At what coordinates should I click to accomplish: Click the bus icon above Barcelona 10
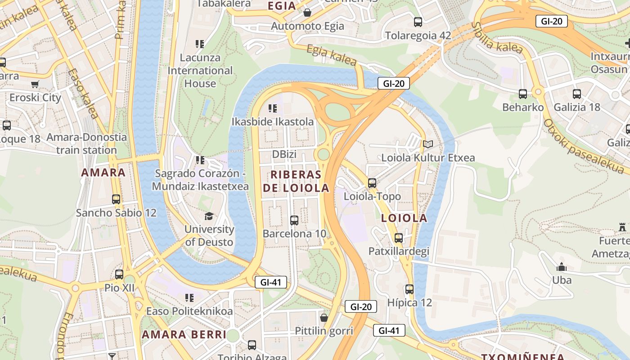pyautogui.click(x=294, y=220)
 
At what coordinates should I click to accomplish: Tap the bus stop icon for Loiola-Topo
pyautogui.click(x=372, y=183)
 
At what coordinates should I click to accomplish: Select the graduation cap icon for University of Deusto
pyautogui.click(x=209, y=216)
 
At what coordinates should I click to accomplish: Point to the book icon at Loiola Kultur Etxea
pyautogui.click(x=427, y=144)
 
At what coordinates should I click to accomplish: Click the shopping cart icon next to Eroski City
pyautogui.click(x=35, y=84)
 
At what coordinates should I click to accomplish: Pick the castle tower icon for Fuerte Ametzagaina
pyautogui.click(x=623, y=227)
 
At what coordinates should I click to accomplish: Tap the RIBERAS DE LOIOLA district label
pyautogui.click(x=296, y=181)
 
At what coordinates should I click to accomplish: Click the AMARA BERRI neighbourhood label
pyautogui.click(x=184, y=334)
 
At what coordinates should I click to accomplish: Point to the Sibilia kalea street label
pyautogui.click(x=497, y=38)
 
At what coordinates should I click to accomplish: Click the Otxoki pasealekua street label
pyautogui.click(x=585, y=146)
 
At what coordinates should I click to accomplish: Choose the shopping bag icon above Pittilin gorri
pyautogui.click(x=324, y=318)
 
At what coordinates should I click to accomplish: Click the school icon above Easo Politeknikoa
pyautogui.click(x=189, y=297)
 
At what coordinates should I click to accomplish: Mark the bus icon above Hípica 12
pyautogui.click(x=409, y=289)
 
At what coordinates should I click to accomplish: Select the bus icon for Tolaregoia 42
pyautogui.click(x=418, y=22)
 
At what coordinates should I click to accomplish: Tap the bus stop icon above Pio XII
pyautogui.click(x=119, y=274)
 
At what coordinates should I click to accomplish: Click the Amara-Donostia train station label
pyautogui.click(x=86, y=144)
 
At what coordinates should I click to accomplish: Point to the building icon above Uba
pyautogui.click(x=561, y=267)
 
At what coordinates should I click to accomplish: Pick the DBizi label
pyautogui.click(x=284, y=154)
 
